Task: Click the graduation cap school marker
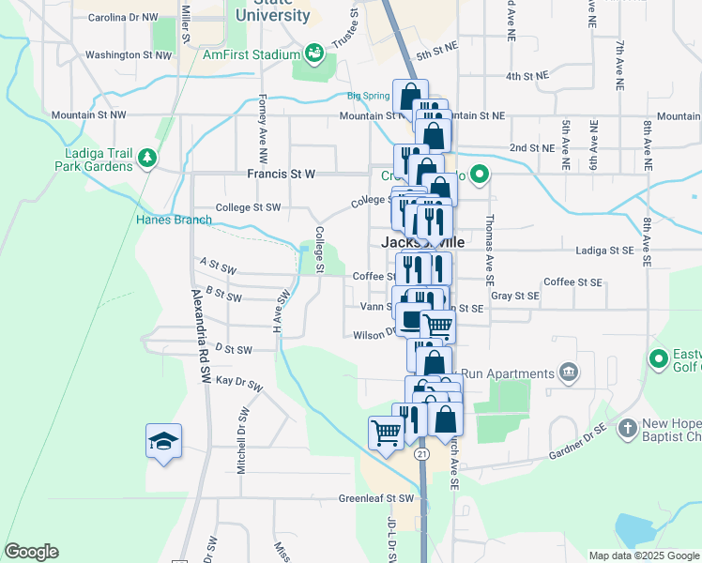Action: click(x=163, y=441)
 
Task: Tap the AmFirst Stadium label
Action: click(x=251, y=54)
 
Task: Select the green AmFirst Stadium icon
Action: click(x=313, y=50)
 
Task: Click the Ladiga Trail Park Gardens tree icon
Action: click(x=145, y=159)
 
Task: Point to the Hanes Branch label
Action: click(x=174, y=221)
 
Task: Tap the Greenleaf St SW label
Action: click(x=375, y=498)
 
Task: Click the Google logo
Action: click(x=31, y=552)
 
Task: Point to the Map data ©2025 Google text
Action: click(x=643, y=555)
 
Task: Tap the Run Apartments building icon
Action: click(x=568, y=373)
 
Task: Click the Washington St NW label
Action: click(x=129, y=55)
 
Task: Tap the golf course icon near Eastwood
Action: click(x=657, y=358)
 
